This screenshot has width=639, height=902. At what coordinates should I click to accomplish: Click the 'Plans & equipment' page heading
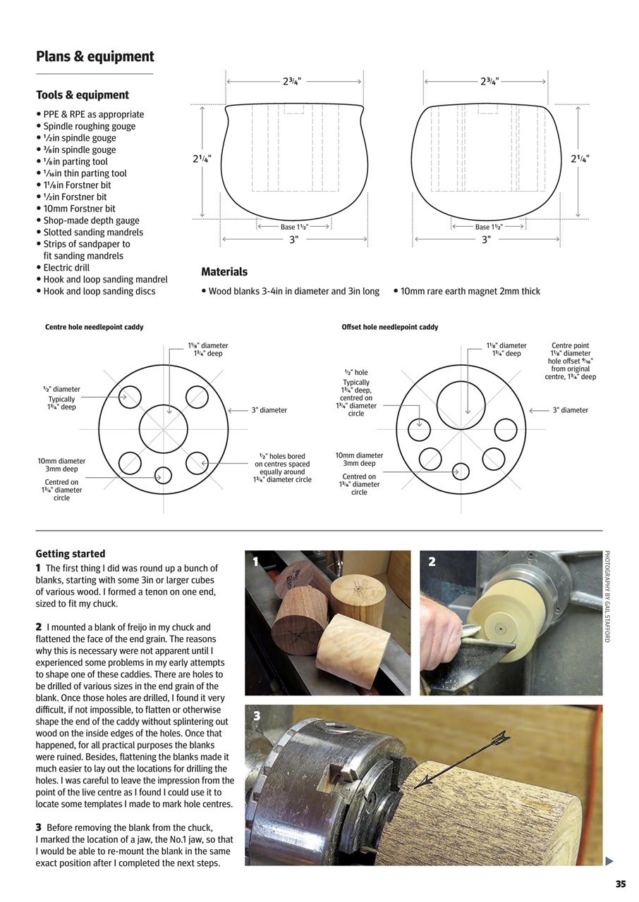point(95,57)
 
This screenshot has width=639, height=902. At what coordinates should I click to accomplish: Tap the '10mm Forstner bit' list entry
point(79,209)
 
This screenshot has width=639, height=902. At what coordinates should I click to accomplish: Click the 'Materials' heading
point(224,272)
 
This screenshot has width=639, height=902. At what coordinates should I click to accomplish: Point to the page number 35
point(620,884)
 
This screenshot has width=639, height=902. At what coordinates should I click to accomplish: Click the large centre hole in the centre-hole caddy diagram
point(164,428)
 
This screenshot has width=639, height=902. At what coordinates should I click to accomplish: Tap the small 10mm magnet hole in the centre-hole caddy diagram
point(163,475)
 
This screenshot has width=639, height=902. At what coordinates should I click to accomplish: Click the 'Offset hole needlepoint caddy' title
point(389,327)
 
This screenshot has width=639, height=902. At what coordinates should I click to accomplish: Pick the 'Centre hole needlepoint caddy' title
point(94,327)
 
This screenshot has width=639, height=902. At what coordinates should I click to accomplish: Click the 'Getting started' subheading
point(71,554)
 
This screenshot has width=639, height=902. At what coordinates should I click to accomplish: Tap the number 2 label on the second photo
point(432,562)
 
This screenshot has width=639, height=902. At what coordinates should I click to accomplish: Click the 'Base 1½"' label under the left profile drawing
point(294,227)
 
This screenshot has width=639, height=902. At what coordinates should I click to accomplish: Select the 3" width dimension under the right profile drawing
point(486,240)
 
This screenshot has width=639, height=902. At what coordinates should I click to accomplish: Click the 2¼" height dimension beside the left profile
point(202,159)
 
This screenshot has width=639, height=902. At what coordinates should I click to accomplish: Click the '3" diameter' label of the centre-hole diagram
point(269,410)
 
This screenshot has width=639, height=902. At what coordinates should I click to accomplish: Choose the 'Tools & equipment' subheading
point(83,95)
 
